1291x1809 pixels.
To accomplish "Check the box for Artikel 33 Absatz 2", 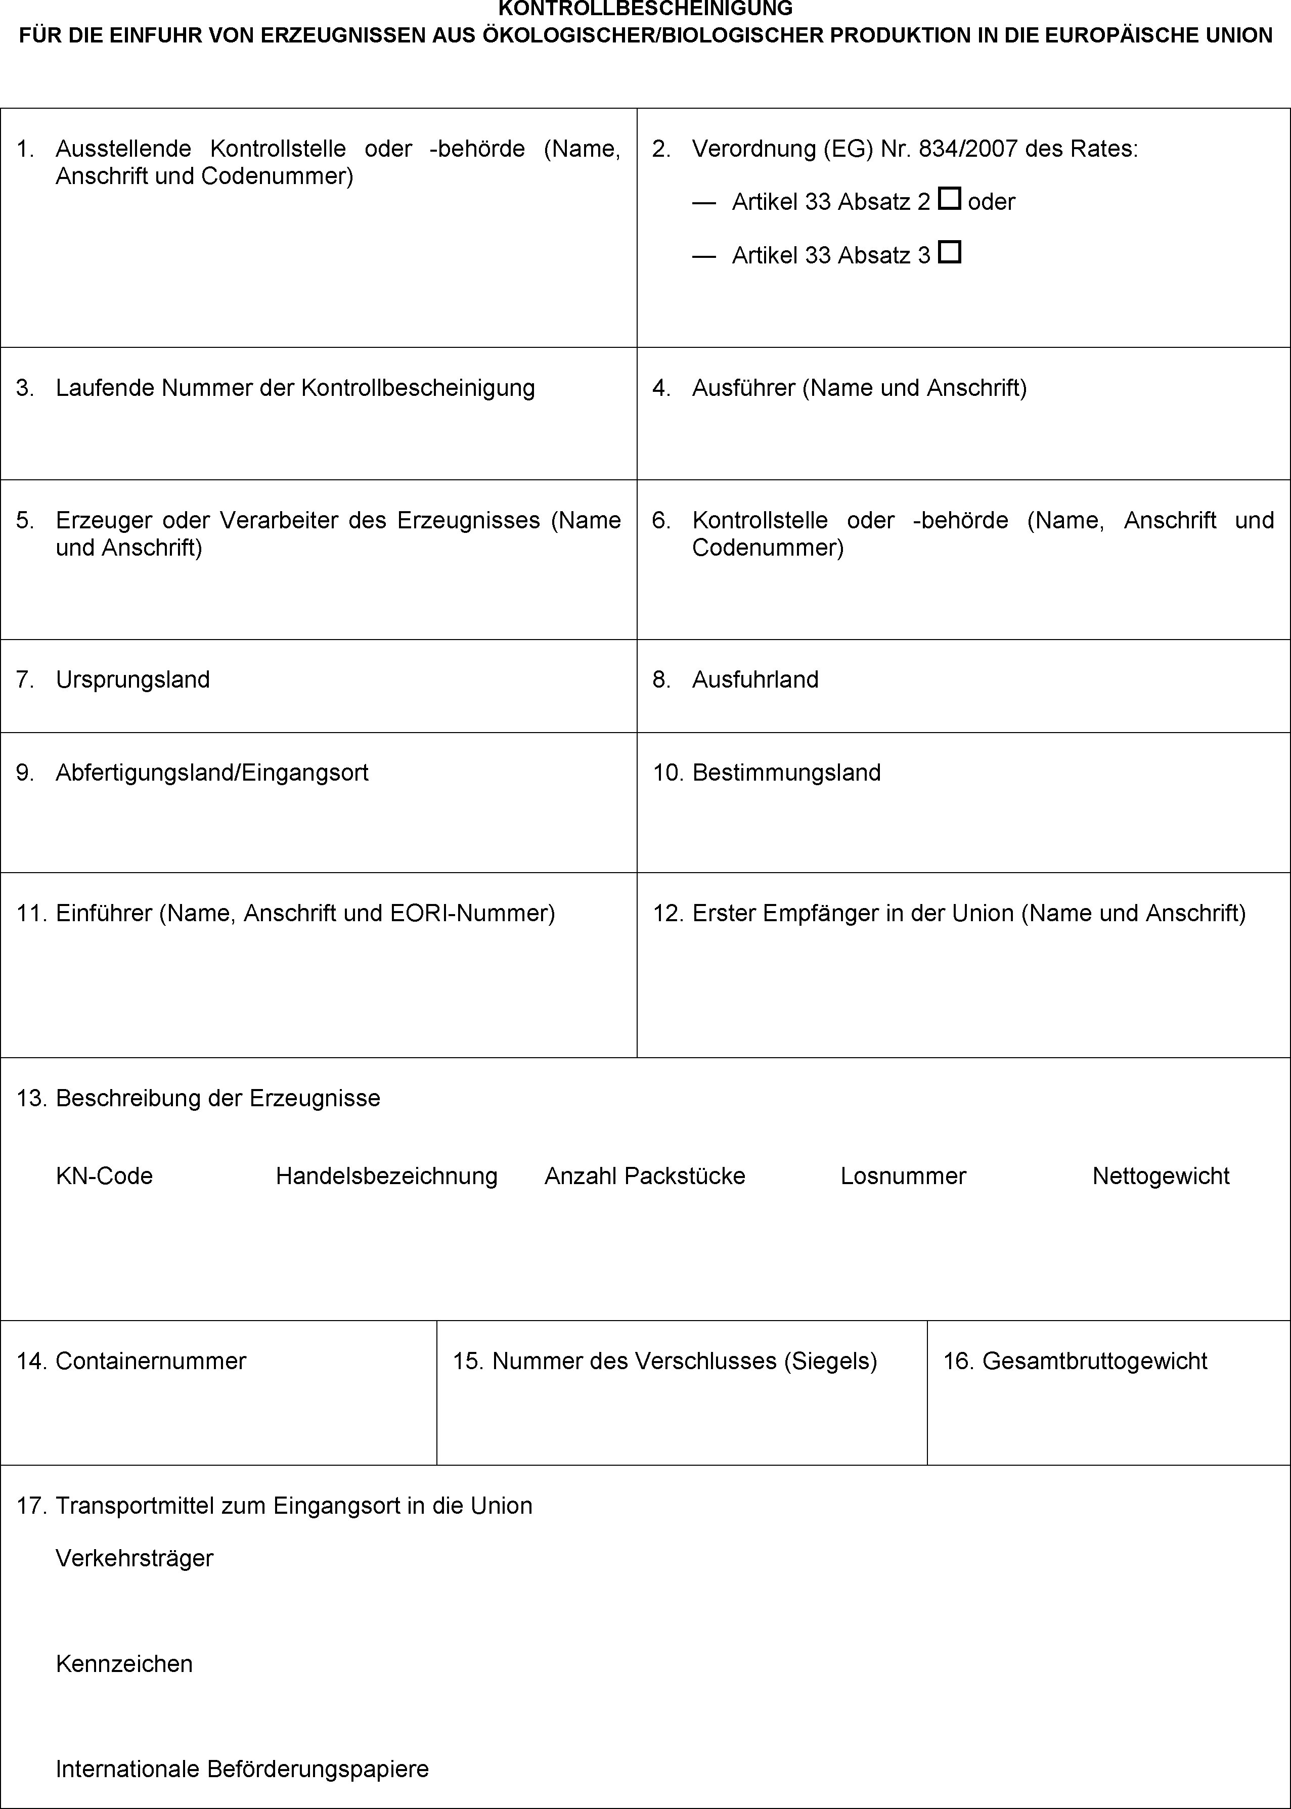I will (x=949, y=199).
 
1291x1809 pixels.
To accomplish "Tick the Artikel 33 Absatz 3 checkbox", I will (x=949, y=253).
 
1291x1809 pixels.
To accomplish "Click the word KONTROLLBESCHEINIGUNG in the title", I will (x=645, y=9).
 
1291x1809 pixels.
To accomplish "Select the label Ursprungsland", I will (x=133, y=680).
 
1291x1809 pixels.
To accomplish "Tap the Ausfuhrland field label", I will (x=755, y=680).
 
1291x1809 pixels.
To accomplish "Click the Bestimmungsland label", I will (x=786, y=773).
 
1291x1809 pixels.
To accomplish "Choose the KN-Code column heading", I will (x=104, y=1175).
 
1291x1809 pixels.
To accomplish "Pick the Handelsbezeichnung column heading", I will (x=386, y=1175).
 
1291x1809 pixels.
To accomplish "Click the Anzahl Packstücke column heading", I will (x=645, y=1175).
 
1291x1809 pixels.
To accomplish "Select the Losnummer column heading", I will (x=903, y=1175).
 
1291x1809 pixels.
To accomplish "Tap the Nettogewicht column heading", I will (x=1161, y=1175).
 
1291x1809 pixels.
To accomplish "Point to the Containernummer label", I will (x=151, y=1361).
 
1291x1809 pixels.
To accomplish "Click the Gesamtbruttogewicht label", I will (x=1095, y=1361).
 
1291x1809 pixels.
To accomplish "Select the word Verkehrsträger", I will (x=135, y=1558).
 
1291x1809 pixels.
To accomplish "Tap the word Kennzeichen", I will (x=124, y=1663).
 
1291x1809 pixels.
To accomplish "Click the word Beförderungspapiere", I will (x=318, y=1769).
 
